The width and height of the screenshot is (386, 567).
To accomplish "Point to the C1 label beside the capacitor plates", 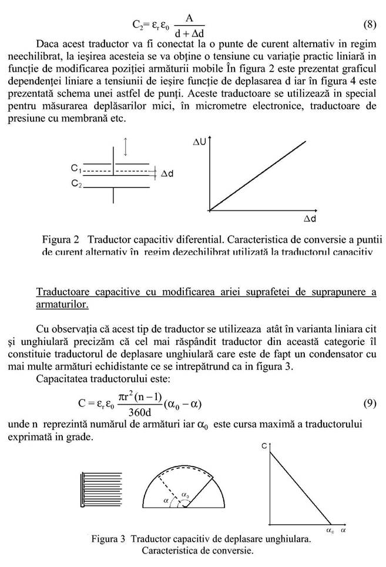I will click(x=76, y=169).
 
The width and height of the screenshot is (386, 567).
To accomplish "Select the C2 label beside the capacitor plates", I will click(x=76, y=184).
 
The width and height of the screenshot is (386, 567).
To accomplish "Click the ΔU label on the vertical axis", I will click(x=199, y=143).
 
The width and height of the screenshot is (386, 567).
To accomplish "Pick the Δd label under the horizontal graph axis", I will click(x=310, y=219).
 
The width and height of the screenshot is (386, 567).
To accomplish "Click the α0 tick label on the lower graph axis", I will click(x=331, y=531).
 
